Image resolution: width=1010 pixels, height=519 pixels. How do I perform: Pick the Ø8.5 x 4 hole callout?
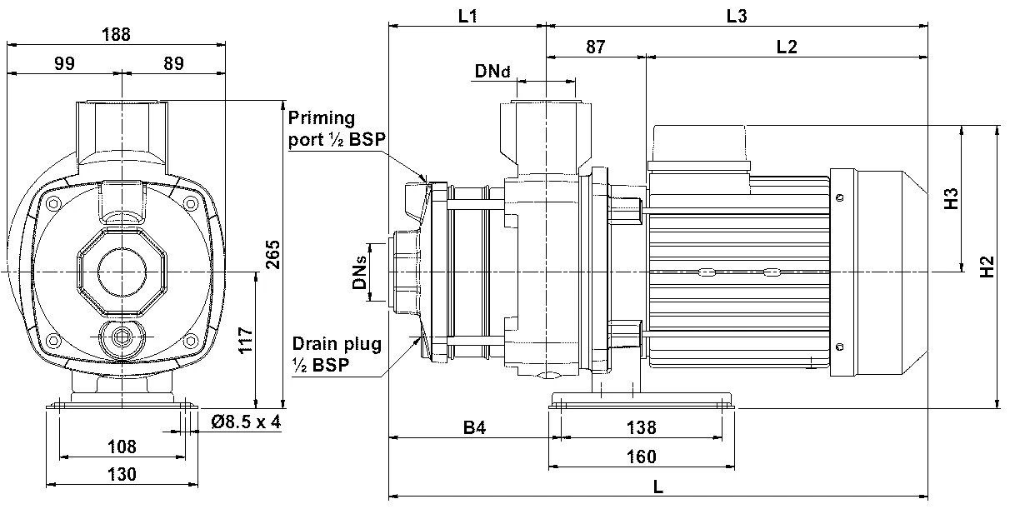(x=246, y=422)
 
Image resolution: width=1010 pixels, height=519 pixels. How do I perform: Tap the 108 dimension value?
(x=122, y=447)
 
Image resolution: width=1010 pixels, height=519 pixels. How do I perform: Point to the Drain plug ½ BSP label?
(x=336, y=353)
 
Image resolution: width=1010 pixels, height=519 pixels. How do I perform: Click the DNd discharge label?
(x=492, y=72)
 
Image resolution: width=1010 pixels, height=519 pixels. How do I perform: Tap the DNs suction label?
(x=359, y=272)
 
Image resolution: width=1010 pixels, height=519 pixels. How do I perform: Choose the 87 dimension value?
(x=595, y=47)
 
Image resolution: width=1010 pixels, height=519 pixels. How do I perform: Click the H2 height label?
(x=988, y=267)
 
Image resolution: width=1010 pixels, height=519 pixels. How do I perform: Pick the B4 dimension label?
(x=473, y=428)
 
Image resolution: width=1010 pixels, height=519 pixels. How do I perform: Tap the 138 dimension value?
(x=640, y=428)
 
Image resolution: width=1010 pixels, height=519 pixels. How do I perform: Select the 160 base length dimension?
(x=640, y=457)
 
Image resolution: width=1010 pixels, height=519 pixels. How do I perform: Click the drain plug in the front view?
(x=122, y=338)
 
